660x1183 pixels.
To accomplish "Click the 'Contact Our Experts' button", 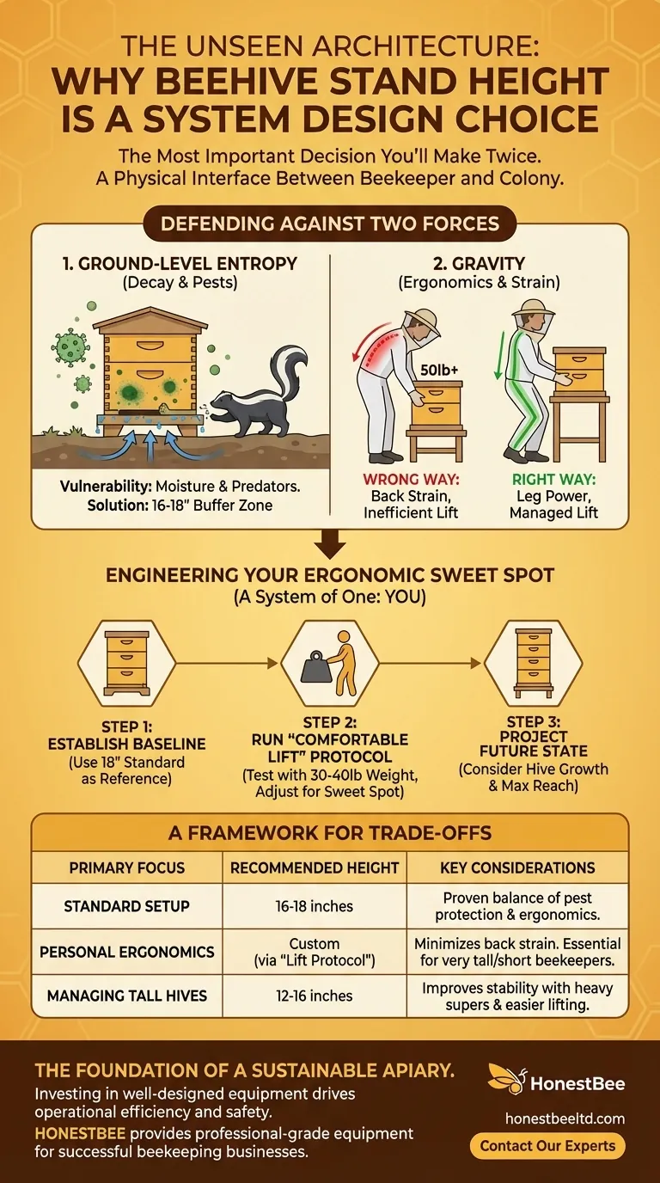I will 547,1145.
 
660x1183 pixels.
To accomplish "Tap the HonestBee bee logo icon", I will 507,1082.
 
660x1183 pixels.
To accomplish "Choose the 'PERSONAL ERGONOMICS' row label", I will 126,951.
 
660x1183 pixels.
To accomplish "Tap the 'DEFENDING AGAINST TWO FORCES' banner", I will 330,224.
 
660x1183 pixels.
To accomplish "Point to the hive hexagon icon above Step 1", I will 126,662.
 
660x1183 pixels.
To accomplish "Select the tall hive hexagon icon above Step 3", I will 533,662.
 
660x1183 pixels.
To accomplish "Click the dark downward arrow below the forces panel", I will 330,543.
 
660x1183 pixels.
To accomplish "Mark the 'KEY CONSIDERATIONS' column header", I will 516,867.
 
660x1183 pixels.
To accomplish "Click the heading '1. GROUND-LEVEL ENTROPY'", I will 180,263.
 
